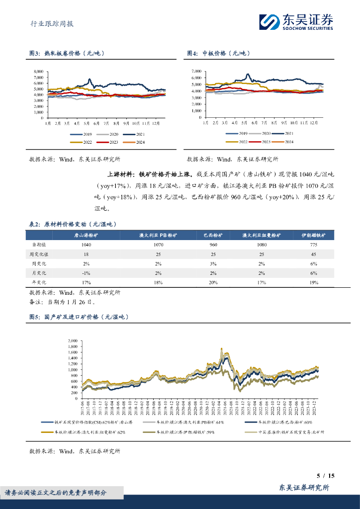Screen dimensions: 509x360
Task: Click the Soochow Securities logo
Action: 296,22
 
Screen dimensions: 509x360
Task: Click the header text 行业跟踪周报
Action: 48,23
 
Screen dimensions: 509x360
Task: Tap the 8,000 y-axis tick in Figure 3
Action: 38,72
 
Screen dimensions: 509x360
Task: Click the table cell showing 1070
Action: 158,245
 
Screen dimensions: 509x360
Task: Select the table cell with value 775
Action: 313,245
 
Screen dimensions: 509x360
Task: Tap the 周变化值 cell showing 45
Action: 313,254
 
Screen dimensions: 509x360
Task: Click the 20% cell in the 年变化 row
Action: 213,282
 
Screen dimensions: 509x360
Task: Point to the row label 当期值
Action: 40,245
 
